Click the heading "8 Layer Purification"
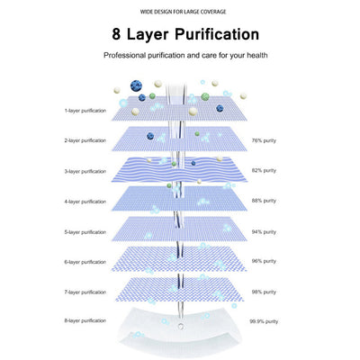(185, 34)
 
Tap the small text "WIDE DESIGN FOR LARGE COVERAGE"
(183, 12)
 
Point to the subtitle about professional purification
(185, 56)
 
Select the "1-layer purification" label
(85, 111)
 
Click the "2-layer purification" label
(85, 140)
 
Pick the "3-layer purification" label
(85, 171)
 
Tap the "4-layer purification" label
(85, 202)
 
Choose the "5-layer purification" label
(85, 232)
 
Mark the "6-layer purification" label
(85, 262)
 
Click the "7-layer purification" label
(85, 292)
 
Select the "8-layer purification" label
(85, 320)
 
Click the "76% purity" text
(264, 140)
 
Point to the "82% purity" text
(264, 170)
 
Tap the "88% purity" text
(264, 201)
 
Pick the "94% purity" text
(264, 232)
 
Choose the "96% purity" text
(264, 261)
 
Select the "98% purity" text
(264, 292)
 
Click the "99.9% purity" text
(264, 321)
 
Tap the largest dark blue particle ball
(136, 86)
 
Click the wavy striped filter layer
(179, 169)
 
